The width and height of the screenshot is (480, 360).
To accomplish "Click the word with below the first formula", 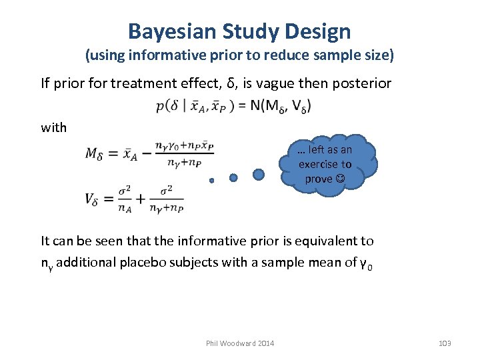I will click(x=53, y=127).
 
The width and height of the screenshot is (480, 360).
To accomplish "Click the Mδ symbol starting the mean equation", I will click(x=97, y=153).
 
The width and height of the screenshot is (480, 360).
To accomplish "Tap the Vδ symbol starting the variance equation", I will click(x=95, y=198).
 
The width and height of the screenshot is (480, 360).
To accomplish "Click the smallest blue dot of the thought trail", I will click(x=211, y=181).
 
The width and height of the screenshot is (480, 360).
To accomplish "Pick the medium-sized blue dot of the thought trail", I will click(x=233, y=177).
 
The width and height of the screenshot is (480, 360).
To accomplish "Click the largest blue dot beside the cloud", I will click(x=259, y=174).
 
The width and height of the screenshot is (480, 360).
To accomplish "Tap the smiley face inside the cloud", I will click(x=341, y=179).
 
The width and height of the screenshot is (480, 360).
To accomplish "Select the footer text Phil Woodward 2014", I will click(x=240, y=343).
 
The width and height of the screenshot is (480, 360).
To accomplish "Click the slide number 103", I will click(x=445, y=343).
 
